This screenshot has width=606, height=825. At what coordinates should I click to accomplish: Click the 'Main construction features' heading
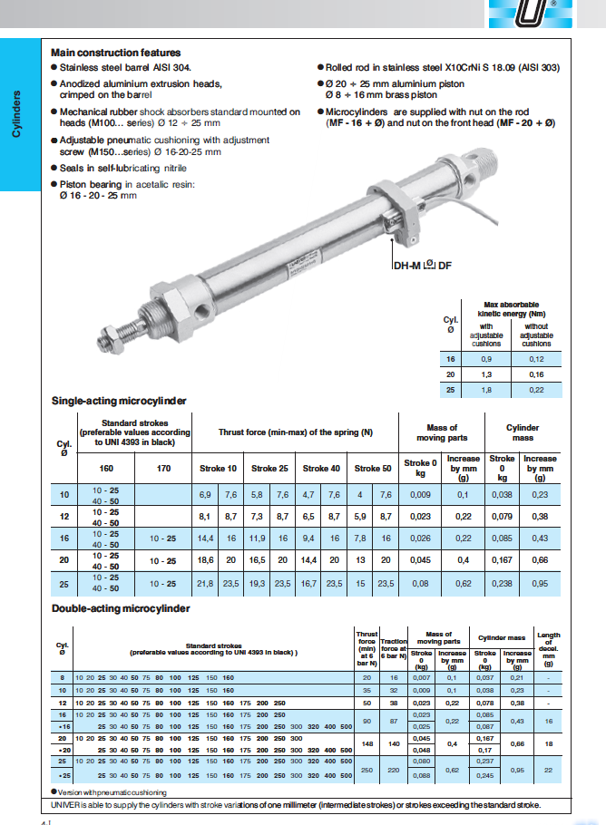115,53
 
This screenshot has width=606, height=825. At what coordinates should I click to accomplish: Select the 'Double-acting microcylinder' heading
121,608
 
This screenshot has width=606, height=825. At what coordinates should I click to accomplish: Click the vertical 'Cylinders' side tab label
15,114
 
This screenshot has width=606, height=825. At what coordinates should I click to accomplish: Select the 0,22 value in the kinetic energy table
536,389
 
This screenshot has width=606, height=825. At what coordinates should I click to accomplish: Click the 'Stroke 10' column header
218,468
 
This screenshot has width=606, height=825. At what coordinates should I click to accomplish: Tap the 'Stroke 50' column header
373,468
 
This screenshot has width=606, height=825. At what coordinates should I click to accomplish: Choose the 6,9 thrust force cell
205,494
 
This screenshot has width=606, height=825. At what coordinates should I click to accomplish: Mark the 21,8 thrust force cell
205,583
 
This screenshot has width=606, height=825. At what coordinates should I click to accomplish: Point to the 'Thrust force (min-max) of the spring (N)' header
295,432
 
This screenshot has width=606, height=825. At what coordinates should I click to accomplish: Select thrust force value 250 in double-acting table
367,770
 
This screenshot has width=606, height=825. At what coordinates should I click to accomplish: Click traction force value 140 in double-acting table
394,743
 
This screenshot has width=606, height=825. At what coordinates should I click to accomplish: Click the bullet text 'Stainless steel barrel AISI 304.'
125,68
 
